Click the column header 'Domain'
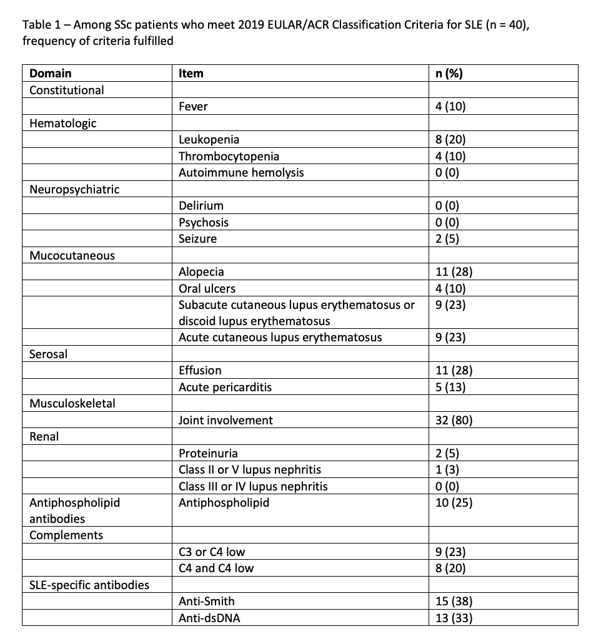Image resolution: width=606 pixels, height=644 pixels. click(x=51, y=73)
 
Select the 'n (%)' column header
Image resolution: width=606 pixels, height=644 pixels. click(x=449, y=73)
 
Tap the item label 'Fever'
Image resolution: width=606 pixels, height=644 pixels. click(x=193, y=106)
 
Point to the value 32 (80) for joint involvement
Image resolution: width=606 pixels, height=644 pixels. click(x=454, y=420)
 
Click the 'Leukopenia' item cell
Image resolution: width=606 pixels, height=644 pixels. click(x=209, y=139)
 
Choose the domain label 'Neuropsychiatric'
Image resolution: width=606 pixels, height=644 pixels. click(x=74, y=189)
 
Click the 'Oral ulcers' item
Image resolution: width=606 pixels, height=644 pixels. click(x=207, y=288)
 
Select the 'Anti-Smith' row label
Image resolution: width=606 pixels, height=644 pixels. click(x=207, y=602)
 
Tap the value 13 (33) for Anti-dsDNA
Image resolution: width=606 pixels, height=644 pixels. click(x=454, y=618)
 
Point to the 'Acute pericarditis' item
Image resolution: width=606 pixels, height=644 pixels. click(x=225, y=387)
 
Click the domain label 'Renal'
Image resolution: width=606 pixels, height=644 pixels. click(x=44, y=437)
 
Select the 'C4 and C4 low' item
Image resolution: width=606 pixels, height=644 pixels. click(x=216, y=568)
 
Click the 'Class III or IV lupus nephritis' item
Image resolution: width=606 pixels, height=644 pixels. click(x=253, y=486)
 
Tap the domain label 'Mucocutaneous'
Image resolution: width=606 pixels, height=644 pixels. click(x=72, y=255)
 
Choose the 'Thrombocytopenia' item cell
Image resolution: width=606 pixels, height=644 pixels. click(x=229, y=155)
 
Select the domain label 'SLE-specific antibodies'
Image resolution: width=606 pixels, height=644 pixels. click(x=89, y=585)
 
